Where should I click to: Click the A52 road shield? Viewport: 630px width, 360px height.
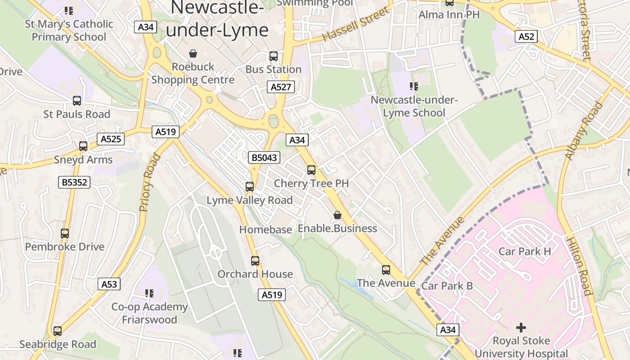[526, 36]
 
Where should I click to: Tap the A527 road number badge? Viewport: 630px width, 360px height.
[281, 87]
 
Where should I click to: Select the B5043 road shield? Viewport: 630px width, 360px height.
[264, 157]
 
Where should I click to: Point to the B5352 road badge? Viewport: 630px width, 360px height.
[75, 182]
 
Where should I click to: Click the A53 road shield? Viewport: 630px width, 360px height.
[109, 284]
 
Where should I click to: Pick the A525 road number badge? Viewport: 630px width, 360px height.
[111, 139]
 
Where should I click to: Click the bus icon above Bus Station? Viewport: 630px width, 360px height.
[273, 56]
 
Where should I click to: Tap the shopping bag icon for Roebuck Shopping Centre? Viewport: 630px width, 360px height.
[193, 54]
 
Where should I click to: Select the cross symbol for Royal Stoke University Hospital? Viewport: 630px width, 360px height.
[521, 327]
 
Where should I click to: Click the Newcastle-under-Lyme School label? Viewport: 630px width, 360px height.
[414, 106]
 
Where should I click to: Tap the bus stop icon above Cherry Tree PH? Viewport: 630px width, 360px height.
[311, 170]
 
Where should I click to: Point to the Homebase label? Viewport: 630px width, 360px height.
[265, 229]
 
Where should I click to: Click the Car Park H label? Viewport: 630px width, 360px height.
[524, 251]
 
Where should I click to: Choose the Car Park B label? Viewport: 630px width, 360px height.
[447, 286]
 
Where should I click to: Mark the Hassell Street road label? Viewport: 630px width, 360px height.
[355, 25]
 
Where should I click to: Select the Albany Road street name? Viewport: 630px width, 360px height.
[584, 131]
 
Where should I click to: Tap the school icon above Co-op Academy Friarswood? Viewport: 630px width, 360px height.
[149, 293]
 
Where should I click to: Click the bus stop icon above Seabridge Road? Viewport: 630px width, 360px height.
[57, 331]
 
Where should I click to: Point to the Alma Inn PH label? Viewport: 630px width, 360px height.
[449, 15]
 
